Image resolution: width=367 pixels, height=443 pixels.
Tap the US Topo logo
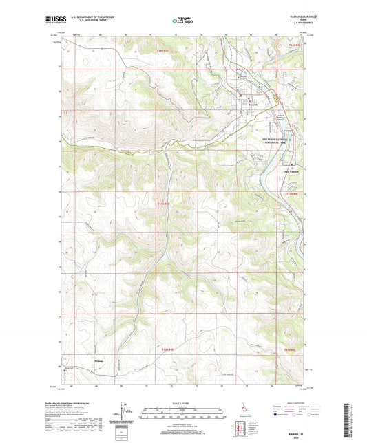tap(183, 21)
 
